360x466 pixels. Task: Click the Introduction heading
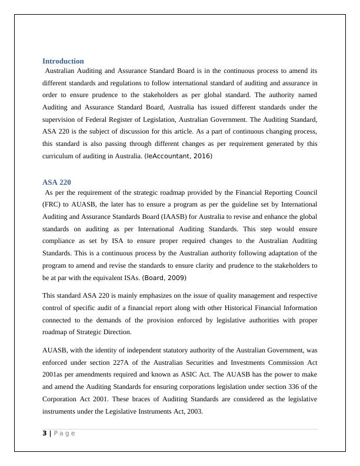click(63, 61)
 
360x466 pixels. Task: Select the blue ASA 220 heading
click(56, 182)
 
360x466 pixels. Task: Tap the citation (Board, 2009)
click(162, 278)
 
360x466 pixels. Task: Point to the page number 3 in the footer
click(44, 434)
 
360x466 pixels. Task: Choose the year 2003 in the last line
click(194, 411)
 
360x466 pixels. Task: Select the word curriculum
click(60, 156)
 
